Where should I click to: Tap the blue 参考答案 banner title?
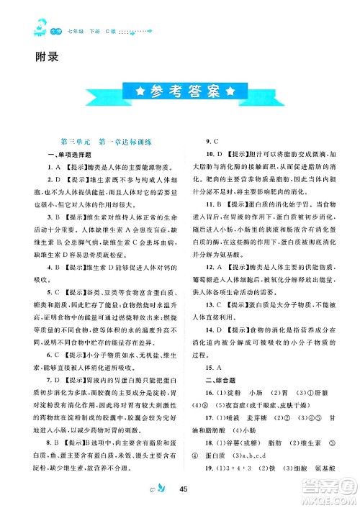coord(180,91)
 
